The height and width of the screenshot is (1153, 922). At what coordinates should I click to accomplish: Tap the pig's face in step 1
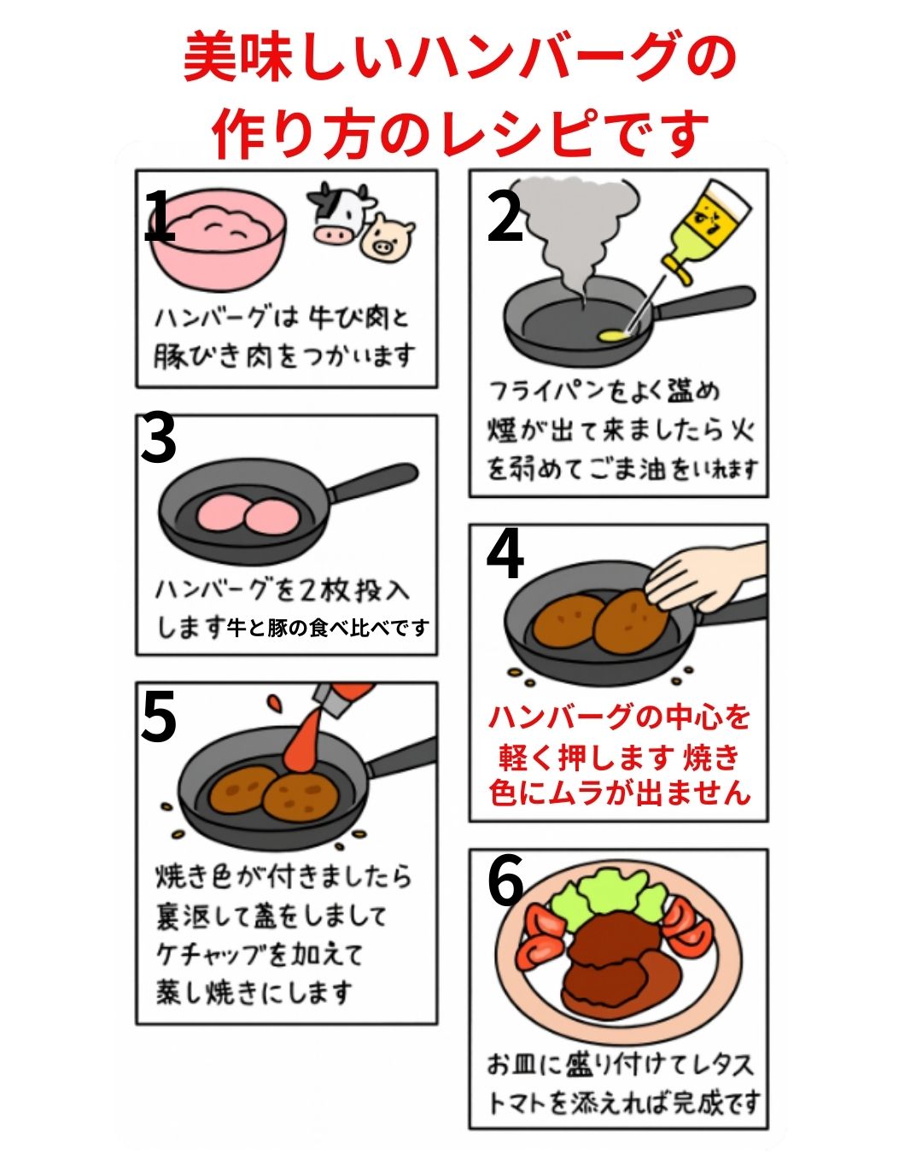point(387,238)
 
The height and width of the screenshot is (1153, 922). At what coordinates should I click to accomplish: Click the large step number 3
point(158,439)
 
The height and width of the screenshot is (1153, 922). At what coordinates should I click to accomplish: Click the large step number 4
point(505,555)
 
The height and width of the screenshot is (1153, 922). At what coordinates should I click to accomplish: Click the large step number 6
point(505,880)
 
